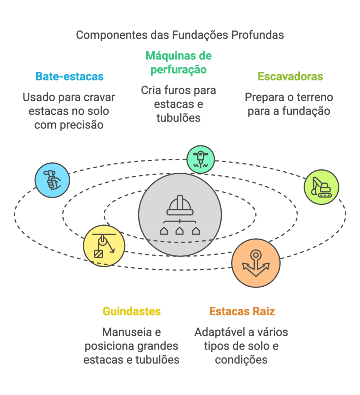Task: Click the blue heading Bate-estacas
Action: pyautogui.click(x=69, y=76)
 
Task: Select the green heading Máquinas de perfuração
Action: pyautogui.click(x=178, y=62)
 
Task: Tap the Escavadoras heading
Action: pyautogui.click(x=290, y=76)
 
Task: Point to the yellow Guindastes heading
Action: pyautogui.click(x=131, y=311)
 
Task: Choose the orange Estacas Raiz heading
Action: pyautogui.click(x=242, y=311)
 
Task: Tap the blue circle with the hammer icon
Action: pyautogui.click(x=52, y=180)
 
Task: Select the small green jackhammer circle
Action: pyautogui.click(x=200, y=159)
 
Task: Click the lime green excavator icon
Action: pyautogui.click(x=321, y=187)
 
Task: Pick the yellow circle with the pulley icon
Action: pyautogui.click(x=104, y=245)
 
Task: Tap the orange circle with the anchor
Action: pyautogui.click(x=256, y=263)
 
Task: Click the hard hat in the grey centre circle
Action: pyautogui.click(x=180, y=206)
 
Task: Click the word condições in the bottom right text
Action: pyautogui.click(x=241, y=360)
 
